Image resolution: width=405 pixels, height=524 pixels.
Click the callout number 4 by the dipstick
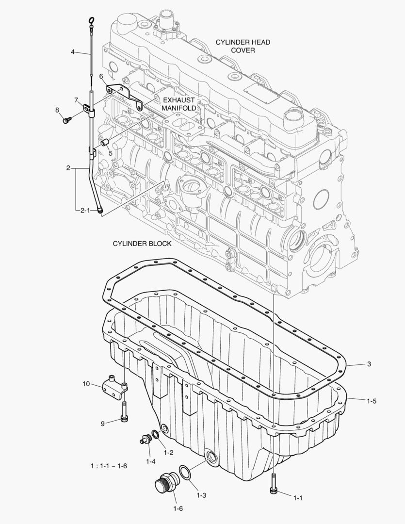(x=73, y=51)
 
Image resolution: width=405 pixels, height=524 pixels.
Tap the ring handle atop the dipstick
(x=91, y=20)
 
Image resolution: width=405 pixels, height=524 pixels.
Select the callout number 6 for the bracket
(x=101, y=76)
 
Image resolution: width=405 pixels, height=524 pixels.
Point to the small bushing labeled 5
(x=103, y=144)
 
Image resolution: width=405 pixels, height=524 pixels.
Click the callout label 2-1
(x=85, y=210)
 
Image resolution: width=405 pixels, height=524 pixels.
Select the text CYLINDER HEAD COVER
(x=243, y=46)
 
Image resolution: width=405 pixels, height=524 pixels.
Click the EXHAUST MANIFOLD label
(x=178, y=104)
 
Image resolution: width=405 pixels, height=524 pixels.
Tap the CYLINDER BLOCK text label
(x=142, y=244)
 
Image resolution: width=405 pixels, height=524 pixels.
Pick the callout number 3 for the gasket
(x=369, y=363)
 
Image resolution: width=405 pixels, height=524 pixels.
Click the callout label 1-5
(x=372, y=401)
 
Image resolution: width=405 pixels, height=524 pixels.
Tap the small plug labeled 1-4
(x=144, y=440)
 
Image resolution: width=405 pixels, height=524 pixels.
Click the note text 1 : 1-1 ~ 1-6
(x=109, y=466)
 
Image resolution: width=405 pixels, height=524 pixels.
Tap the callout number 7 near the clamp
(x=77, y=100)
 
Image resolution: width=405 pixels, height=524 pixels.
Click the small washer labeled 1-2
(x=154, y=434)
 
